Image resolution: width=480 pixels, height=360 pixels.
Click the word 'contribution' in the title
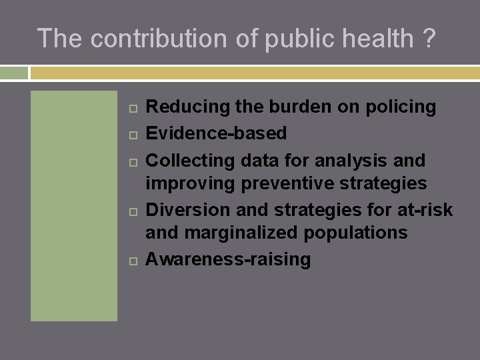(159, 39)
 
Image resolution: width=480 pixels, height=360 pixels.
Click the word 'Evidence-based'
(216, 133)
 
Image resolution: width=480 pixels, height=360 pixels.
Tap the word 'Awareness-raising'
(228, 259)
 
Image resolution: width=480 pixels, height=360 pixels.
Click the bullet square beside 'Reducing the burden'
(131, 107)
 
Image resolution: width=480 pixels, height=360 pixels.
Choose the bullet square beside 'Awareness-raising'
(131, 260)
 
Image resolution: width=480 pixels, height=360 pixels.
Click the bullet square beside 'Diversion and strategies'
(131, 211)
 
